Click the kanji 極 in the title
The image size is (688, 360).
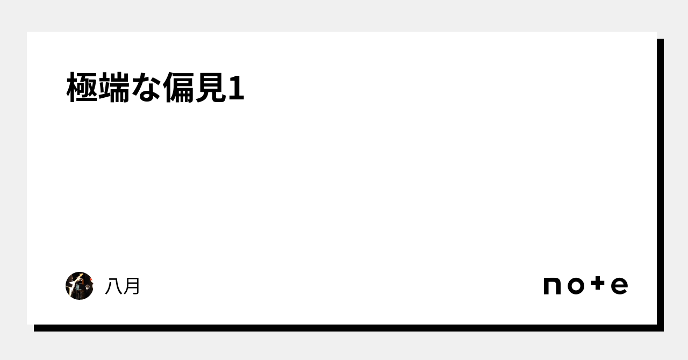82,87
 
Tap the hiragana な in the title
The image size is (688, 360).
146,87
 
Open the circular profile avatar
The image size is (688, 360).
79,286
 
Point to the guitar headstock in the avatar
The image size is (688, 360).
81,275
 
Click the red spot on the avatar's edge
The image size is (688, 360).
91,279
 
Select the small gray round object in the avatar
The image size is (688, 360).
88,287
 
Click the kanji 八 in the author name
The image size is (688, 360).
113,286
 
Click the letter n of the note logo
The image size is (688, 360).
552,286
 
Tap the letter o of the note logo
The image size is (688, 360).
576,286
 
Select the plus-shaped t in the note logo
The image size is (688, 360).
598,283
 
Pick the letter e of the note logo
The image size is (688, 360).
619,286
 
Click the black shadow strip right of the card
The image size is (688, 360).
661,185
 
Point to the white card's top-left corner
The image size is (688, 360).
27,32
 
